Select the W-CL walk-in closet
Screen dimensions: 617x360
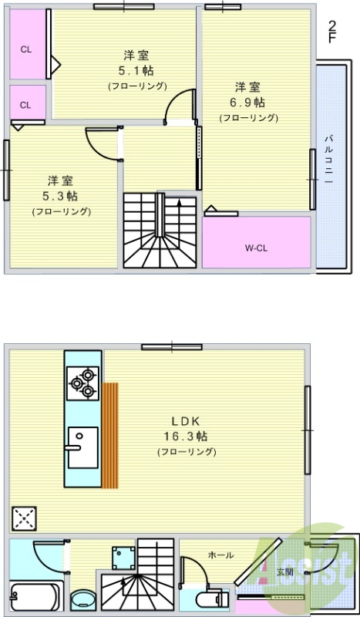point(257,247)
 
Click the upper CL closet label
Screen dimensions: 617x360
point(26,49)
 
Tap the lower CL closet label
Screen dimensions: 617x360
point(25,105)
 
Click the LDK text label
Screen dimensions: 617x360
point(186,421)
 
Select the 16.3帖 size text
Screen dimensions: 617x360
point(186,436)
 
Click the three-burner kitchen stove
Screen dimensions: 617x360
point(82,383)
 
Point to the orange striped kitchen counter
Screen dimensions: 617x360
point(110,435)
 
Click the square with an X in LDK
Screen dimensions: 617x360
point(24,519)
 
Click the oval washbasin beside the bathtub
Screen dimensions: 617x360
point(82,601)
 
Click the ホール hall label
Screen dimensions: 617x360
point(221,555)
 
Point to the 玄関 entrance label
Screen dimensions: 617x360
point(284,571)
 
